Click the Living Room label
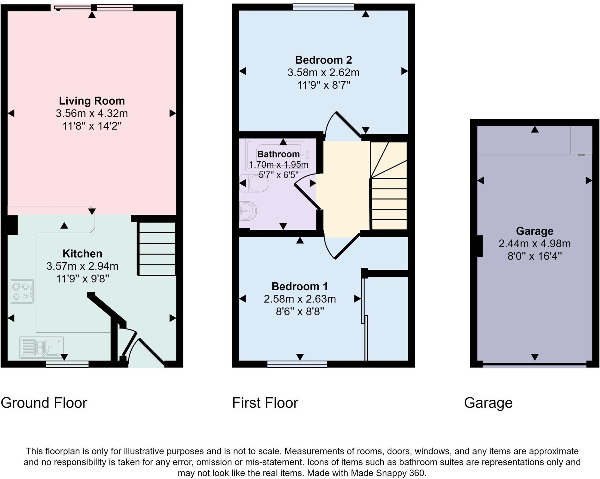(92, 101)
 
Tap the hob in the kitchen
(22, 291)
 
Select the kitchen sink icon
(41, 348)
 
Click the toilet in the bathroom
(254, 184)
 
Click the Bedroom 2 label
(323, 60)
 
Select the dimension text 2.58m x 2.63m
(300, 299)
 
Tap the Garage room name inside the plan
(534, 231)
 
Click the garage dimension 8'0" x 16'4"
(534, 257)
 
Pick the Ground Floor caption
(44, 403)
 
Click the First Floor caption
(265, 403)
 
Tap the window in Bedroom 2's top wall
(323, 6)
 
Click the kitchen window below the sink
(67, 364)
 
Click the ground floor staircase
(156, 249)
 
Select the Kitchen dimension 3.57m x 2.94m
(82, 266)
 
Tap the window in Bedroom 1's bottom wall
(297, 364)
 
